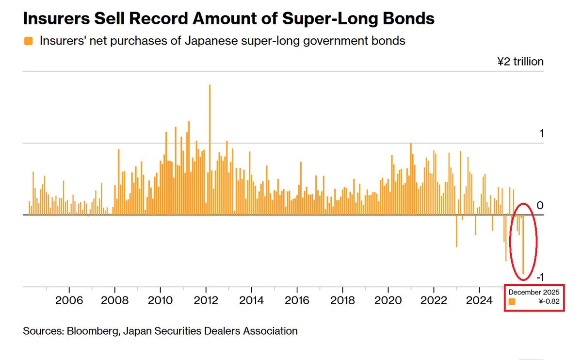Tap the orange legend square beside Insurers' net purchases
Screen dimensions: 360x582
(28, 41)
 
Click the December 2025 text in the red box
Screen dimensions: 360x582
(534, 292)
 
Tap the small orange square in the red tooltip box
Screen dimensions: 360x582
(512, 302)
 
